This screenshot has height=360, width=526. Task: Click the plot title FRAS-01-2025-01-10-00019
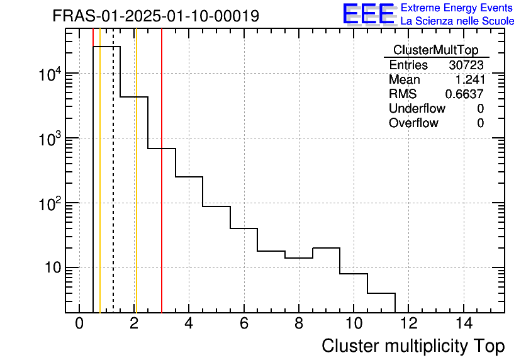pyautogui.click(x=155, y=16)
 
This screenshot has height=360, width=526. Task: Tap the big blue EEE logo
pyautogui.click(x=369, y=14)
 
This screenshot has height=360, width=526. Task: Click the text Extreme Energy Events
pyautogui.click(x=457, y=8)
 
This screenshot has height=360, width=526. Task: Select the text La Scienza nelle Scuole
pyautogui.click(x=457, y=21)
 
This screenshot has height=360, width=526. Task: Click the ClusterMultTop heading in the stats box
pyautogui.click(x=435, y=50)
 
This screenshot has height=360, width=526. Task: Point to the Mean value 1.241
pyautogui.click(x=469, y=80)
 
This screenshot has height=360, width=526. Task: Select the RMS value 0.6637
pyautogui.click(x=464, y=94)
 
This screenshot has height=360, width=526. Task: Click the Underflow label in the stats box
pyautogui.click(x=417, y=109)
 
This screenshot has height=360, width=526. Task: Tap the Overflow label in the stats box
pyautogui.click(x=413, y=123)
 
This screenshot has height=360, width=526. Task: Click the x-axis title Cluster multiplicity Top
pyautogui.click(x=413, y=346)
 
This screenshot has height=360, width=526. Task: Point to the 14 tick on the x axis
pyautogui.click(x=464, y=324)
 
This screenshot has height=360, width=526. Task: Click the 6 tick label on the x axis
pyautogui.click(x=244, y=324)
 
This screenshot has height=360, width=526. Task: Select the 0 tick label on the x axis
pyautogui.click(x=79, y=324)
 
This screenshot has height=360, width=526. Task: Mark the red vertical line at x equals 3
pyautogui.click(x=162, y=189)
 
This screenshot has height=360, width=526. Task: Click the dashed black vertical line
pyautogui.click(x=113, y=189)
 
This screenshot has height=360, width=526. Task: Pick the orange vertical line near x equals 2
pyautogui.click(x=136, y=189)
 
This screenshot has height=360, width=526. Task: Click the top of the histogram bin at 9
pyautogui.click(x=326, y=248)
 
